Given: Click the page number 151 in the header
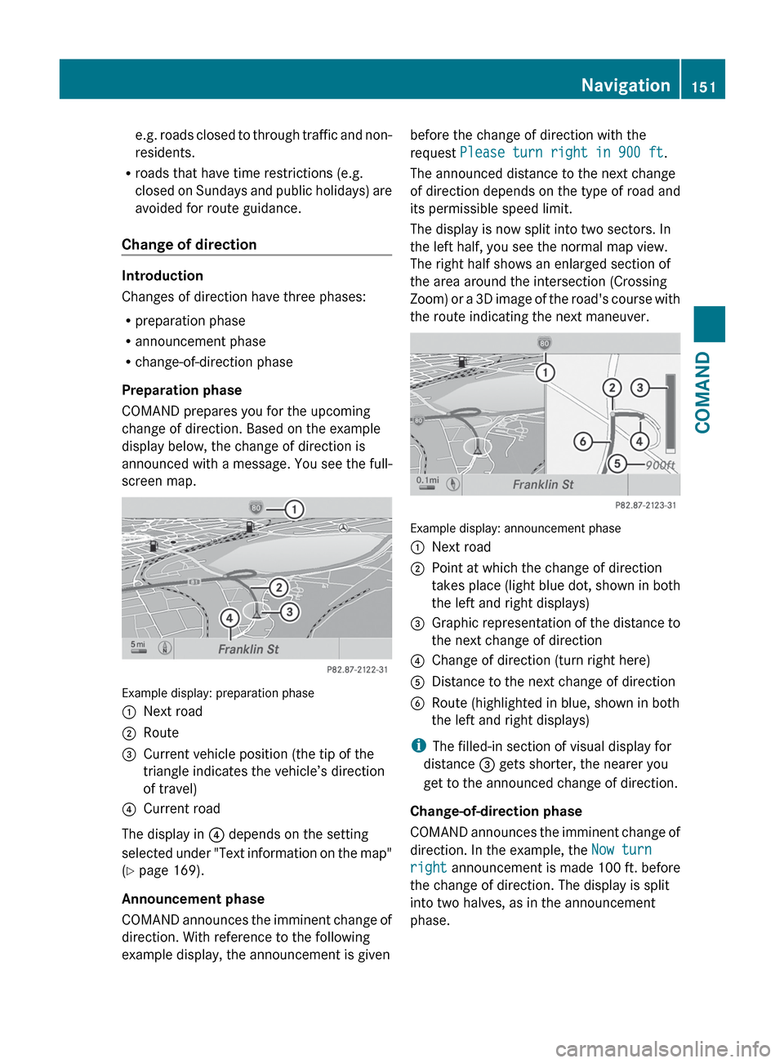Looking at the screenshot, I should coord(703,87).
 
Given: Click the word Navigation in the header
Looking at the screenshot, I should coord(626,85).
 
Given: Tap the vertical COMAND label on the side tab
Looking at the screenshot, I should coord(702,393).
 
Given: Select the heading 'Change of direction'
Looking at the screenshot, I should coord(189,244).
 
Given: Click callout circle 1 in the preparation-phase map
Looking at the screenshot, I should coord(294,509).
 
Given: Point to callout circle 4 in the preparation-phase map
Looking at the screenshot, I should coord(230,618).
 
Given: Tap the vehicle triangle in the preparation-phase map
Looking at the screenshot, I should coord(257,611).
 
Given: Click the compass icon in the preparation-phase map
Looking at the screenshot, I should coord(165,648).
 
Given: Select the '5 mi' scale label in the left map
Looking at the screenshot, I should coord(139,646).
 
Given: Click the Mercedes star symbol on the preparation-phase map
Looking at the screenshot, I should coord(344,528).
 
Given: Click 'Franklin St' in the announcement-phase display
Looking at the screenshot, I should coord(543,484).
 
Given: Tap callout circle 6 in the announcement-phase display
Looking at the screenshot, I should coord(582,442).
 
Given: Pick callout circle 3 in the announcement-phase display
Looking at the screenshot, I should coord(640,388).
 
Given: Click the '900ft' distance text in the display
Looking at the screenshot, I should coord(660,465).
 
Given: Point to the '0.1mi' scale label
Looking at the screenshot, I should coord(428,481).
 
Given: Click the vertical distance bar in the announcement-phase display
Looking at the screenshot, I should coord(670,413).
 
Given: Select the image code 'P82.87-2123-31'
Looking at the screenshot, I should coord(645,505).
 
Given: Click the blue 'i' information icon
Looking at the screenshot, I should coord(418,745).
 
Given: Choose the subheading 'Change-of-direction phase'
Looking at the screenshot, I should coord(496,811).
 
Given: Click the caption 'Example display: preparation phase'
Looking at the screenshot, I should coord(218,692).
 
